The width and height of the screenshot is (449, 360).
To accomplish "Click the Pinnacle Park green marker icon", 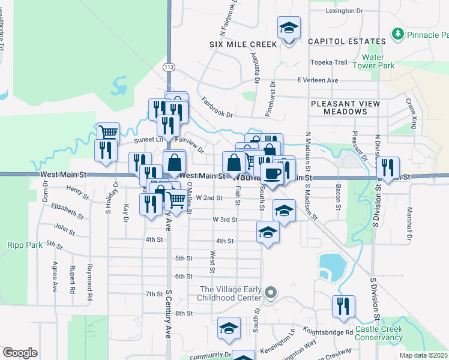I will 397,34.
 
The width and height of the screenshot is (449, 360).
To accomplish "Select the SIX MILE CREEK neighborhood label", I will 243,44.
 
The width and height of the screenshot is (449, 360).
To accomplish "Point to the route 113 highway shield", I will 170,67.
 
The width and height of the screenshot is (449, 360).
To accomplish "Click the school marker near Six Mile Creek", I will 289,28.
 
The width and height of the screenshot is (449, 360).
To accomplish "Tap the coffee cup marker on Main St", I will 272,174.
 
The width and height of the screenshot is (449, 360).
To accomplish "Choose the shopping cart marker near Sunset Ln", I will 108,133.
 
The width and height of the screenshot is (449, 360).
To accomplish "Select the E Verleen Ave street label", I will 318,80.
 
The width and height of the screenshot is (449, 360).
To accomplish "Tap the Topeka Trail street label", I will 329,62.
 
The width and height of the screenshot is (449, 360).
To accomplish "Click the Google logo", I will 20,353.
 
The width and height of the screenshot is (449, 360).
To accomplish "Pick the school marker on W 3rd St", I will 285,210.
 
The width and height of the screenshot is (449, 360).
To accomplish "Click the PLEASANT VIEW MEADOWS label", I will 345,107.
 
